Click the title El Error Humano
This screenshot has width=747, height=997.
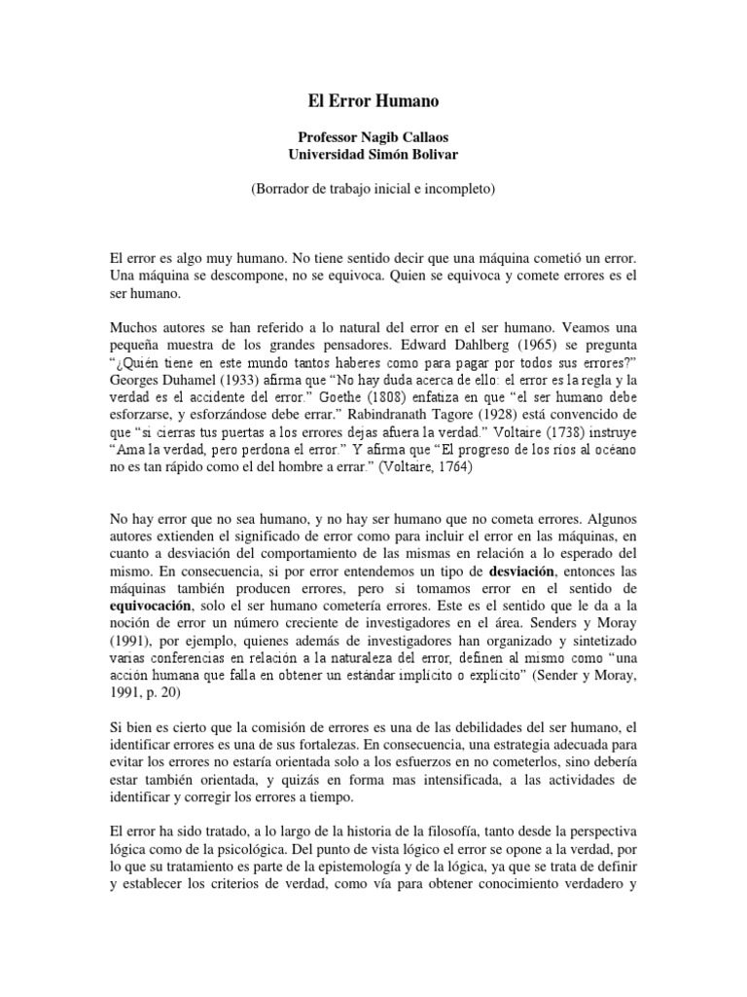tap(373, 99)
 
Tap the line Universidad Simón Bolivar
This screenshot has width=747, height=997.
tap(373, 154)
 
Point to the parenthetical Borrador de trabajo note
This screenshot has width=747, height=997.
tap(373, 190)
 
